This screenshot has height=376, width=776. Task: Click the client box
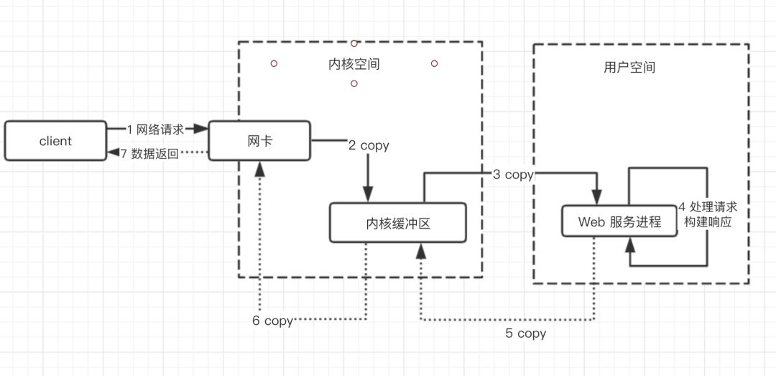(55, 141)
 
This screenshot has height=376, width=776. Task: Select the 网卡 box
(259, 141)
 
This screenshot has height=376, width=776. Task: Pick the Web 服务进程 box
(620, 222)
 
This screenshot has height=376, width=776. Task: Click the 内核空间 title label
(354, 64)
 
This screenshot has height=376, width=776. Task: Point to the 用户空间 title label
(629, 68)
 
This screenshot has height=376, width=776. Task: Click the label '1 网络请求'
(155, 129)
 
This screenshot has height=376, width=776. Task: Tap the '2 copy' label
(369, 145)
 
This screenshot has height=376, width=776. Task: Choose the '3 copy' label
(513, 174)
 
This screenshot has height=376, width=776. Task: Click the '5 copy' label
(526, 334)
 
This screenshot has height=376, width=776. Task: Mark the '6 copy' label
(272, 321)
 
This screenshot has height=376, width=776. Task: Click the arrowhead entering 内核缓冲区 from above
(368, 195)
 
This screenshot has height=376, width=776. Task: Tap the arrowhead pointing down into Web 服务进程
(596, 196)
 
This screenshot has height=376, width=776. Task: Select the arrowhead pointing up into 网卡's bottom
(259, 168)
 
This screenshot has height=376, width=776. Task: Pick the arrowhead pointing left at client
(112, 152)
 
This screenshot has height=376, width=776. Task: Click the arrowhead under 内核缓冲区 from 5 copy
(420, 250)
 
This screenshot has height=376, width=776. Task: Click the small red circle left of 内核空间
(274, 63)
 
